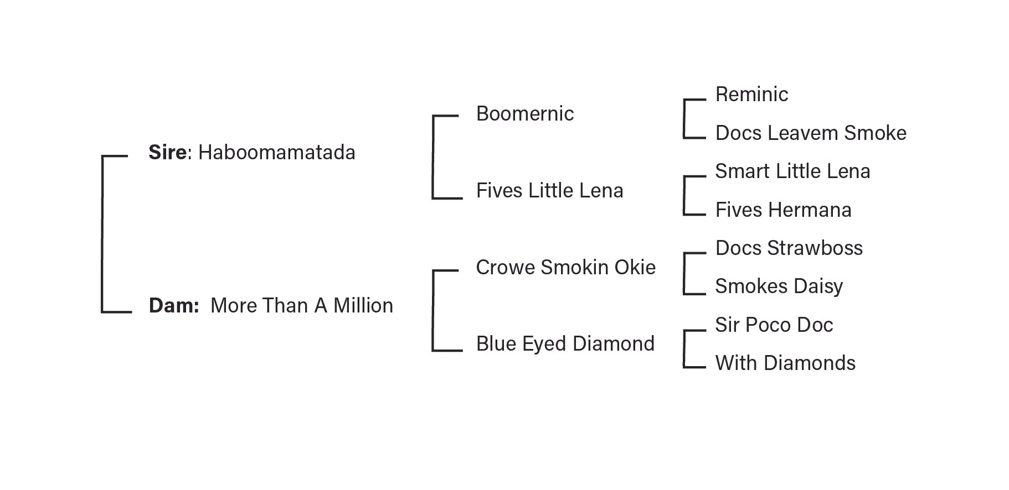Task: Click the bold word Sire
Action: (167, 153)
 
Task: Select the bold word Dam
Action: (172, 306)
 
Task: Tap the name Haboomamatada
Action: (277, 153)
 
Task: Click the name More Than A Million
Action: (302, 306)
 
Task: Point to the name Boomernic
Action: (525, 114)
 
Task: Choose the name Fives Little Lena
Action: (549, 191)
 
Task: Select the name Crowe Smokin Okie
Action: (565, 268)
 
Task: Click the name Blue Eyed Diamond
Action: (565, 344)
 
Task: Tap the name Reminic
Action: (751, 95)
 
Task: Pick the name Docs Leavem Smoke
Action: (811, 133)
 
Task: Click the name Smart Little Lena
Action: (792, 171)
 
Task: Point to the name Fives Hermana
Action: (783, 210)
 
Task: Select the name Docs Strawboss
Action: (789, 248)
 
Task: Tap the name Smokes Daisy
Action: (779, 286)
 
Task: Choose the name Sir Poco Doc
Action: (774, 325)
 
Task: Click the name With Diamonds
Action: (785, 363)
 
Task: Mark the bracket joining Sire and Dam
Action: (102, 234)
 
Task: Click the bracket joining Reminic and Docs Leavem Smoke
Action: (684, 119)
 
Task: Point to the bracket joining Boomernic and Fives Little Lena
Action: (433, 157)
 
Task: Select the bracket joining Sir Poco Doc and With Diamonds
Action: (684, 349)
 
